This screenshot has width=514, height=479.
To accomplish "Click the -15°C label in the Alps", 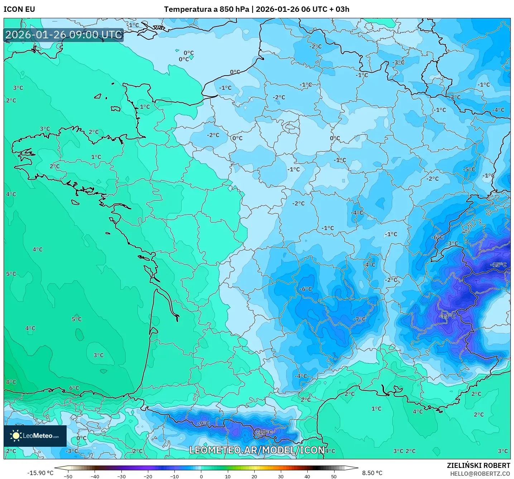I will pos(498,265).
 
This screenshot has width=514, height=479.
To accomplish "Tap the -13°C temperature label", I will pos(447,316).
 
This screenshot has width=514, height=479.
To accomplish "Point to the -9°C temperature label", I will pos(203,424).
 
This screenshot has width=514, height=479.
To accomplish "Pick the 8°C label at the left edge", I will pos(11,382).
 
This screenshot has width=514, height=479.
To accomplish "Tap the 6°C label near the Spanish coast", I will pos(74,388).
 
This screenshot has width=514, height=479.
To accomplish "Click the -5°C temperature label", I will pos(469,169).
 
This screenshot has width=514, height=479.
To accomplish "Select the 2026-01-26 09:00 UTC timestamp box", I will pos(64,35).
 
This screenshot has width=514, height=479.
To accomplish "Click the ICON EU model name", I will pos(19,9).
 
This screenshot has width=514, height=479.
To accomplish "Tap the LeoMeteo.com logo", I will pos(35,436).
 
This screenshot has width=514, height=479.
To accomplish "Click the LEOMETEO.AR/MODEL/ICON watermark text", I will pos(257,450).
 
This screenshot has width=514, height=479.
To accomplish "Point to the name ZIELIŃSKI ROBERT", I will pos(478,465).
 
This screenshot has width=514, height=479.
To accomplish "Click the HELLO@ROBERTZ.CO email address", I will pos(480,474).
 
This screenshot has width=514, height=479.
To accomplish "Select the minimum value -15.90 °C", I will pos(40,473).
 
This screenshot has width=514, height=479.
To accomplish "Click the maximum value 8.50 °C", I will pos(372,473).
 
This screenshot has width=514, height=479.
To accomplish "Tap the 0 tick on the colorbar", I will pos(201,476).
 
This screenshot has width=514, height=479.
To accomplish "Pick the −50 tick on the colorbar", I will pos(68,476).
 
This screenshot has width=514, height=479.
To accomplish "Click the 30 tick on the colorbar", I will pos(280,476).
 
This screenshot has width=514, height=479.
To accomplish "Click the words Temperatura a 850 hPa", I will pos(206,9).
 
